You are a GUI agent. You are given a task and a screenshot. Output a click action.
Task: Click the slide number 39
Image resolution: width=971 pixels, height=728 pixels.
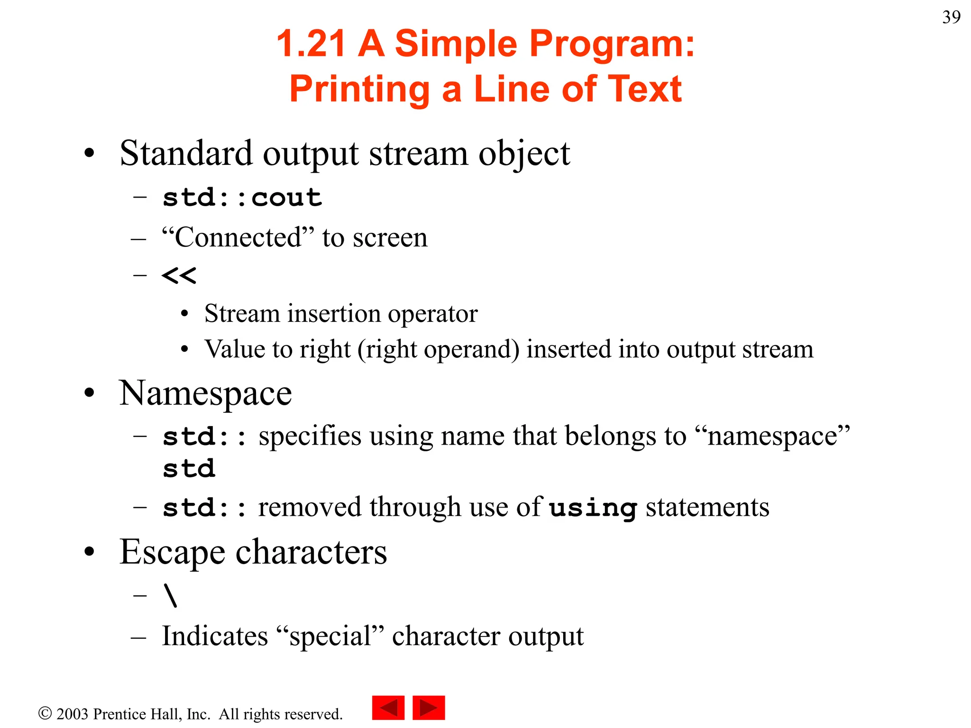click(x=951, y=18)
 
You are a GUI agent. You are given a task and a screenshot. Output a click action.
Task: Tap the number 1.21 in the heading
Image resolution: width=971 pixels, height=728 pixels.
click(x=311, y=44)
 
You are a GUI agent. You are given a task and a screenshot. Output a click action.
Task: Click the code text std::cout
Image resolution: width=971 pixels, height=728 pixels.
click(x=242, y=198)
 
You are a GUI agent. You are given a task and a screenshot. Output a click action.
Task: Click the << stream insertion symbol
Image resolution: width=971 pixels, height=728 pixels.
click(x=179, y=275)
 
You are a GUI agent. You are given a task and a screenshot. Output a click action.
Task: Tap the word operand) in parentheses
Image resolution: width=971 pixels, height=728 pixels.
click(x=472, y=350)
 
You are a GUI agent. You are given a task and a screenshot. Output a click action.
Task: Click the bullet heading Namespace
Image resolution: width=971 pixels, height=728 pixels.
click(x=205, y=393)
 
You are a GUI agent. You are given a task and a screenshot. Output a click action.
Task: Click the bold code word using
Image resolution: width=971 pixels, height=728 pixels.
click(x=593, y=508)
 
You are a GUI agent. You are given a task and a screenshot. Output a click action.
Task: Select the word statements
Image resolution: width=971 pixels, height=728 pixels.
click(x=707, y=507)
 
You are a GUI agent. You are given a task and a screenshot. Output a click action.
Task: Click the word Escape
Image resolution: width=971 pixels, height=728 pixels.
click(x=172, y=552)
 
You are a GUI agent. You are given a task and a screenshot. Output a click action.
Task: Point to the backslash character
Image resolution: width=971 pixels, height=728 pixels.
click(x=171, y=595)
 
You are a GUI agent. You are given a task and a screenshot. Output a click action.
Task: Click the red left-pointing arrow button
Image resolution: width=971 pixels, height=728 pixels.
click(x=388, y=708)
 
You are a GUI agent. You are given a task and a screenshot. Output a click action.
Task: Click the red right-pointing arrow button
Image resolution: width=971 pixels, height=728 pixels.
click(x=429, y=708)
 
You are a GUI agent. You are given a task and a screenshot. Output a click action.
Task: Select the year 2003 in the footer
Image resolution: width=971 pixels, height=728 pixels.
click(x=72, y=714)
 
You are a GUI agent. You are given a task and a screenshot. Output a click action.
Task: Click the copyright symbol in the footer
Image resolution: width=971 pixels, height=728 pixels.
click(x=45, y=713)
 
